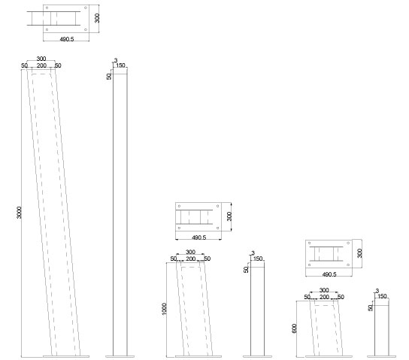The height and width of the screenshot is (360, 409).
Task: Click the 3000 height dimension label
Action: coord(19,213)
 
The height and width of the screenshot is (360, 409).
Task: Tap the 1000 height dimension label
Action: coord(164,309)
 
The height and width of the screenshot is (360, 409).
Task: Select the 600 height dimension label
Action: coord(295,328)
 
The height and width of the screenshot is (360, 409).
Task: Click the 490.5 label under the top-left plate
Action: coord(67,39)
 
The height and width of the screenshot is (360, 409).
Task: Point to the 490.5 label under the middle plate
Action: coord(199,237)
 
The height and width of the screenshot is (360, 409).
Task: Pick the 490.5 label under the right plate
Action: coord(329,274)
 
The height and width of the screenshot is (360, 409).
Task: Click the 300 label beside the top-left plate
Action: coord(97,18)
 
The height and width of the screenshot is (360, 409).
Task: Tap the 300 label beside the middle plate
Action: coord(229,216)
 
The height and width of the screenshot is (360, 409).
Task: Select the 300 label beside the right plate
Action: coord(359,253)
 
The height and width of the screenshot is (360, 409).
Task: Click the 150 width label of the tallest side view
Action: coord(120,65)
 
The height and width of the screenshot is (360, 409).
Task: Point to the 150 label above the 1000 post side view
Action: coord(258,259)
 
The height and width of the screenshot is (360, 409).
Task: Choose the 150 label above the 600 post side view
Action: coord(382,296)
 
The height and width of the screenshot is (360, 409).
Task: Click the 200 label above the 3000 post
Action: coord(41,65)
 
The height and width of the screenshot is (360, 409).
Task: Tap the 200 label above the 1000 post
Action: coord(191,259)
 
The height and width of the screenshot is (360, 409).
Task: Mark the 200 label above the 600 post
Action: coord(324,297)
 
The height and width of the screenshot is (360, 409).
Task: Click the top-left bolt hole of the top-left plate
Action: coord(47,8)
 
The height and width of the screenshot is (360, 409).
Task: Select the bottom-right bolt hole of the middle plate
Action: coord(217,228)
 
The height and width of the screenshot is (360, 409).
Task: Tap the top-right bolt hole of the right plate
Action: coord(348,243)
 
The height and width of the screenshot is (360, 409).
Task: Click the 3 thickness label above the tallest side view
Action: coord(116,60)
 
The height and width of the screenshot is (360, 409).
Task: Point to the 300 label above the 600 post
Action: coord(324,290)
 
